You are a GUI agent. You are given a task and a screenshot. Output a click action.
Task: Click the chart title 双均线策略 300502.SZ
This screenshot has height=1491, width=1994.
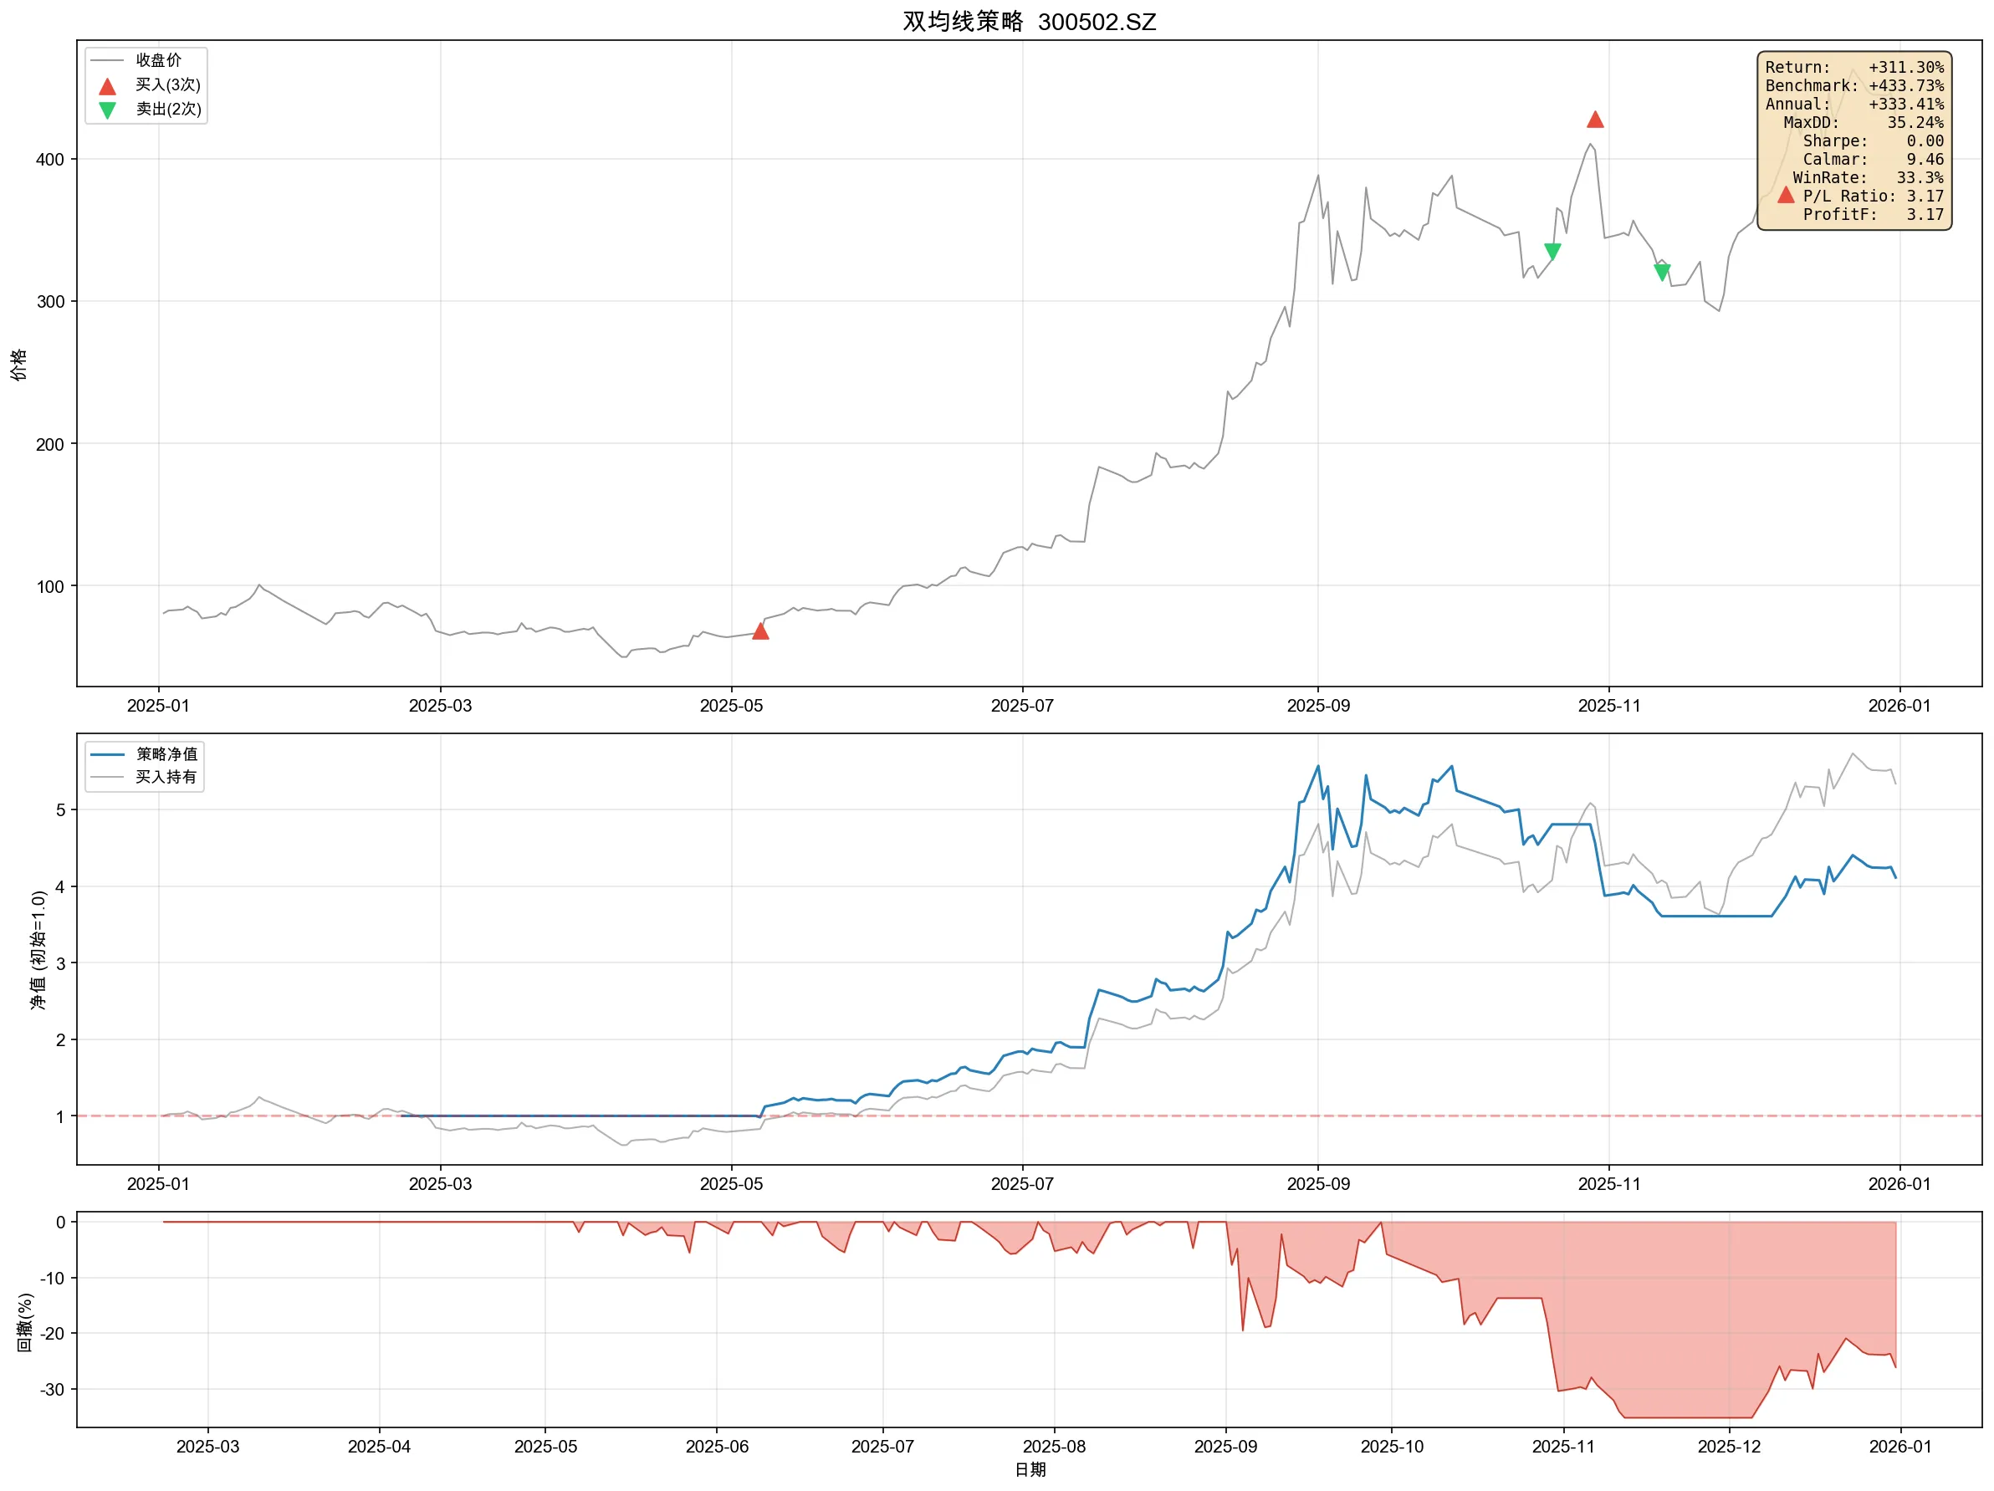(x=1029, y=22)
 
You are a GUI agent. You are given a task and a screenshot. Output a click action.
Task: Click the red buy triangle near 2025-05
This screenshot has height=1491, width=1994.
(x=760, y=631)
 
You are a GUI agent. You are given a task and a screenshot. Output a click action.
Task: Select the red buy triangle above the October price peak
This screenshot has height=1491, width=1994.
(x=1595, y=120)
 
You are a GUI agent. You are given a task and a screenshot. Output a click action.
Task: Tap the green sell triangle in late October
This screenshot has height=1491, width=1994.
(x=1552, y=252)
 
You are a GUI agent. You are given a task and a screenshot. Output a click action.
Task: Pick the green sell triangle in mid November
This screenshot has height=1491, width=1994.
(x=1661, y=273)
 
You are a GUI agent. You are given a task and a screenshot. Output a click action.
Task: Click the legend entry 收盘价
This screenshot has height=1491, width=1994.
(x=158, y=60)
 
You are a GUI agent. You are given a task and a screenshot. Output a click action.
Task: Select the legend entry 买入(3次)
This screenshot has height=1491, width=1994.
(x=167, y=84)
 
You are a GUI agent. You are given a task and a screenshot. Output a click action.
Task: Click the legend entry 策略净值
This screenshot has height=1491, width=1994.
(x=166, y=753)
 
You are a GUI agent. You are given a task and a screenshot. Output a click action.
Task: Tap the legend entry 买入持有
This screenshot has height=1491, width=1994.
(x=166, y=777)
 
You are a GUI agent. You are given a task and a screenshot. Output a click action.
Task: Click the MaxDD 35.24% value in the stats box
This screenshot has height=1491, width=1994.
(x=1915, y=123)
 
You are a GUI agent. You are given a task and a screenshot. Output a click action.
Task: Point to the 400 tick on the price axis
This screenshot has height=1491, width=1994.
(x=50, y=160)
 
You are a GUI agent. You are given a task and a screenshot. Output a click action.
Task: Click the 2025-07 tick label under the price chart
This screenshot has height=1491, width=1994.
(x=1021, y=706)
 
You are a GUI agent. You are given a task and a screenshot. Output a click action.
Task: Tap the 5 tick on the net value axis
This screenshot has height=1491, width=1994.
(x=60, y=809)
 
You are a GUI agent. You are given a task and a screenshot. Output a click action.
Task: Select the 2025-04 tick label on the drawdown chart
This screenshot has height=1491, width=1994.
(x=379, y=1446)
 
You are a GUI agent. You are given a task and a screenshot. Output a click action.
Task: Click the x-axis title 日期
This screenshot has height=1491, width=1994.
(x=1030, y=1469)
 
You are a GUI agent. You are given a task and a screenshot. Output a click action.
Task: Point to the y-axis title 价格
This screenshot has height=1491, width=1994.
(x=19, y=365)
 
